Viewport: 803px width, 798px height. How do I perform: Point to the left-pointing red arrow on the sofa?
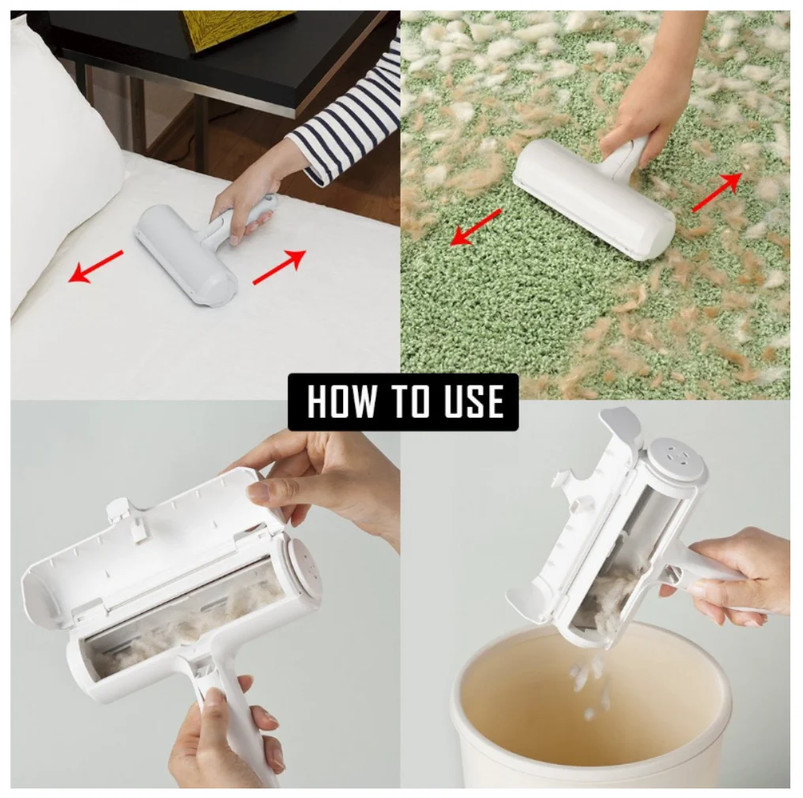coord(96,267)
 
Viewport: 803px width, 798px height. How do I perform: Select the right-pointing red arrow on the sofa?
coord(280,267)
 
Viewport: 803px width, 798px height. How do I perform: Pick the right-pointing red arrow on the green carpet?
coord(717,192)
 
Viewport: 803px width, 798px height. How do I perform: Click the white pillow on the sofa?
coord(62,153)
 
